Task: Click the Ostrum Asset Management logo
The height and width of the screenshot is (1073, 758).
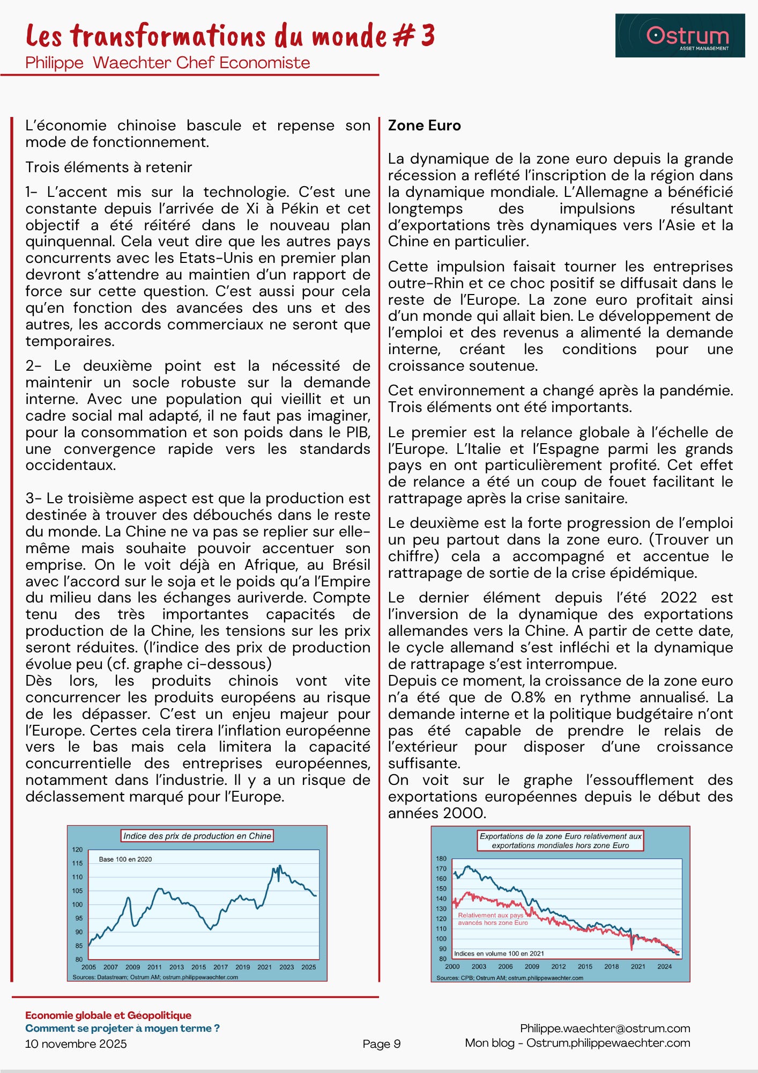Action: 680,36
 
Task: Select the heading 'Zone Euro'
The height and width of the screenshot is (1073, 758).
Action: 424,126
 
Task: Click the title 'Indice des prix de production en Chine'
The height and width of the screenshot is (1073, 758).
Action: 197,836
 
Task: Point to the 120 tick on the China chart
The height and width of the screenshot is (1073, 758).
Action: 78,850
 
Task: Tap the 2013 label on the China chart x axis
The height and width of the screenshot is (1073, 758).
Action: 176,967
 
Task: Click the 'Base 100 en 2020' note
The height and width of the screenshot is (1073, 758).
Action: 125,859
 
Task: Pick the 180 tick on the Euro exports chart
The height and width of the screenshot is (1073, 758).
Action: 441,859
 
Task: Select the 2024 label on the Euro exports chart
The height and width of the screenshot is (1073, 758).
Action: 664,966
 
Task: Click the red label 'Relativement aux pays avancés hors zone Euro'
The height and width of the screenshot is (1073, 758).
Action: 492,919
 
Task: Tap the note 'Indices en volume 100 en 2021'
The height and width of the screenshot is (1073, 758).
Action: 499,953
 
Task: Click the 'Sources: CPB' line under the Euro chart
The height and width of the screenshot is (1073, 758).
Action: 509,978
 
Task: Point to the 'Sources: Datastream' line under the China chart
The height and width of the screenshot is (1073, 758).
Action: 155,977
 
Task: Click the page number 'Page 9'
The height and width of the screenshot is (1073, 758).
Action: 381,1043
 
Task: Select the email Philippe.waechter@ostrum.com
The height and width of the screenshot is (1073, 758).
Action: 605,1028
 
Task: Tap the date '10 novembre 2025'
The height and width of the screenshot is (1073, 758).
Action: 76,1043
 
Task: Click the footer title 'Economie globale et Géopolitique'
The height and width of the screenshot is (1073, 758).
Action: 108,1015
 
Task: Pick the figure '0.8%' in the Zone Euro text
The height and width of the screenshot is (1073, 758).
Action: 528,697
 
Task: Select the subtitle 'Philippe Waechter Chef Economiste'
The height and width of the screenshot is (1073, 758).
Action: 167,63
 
